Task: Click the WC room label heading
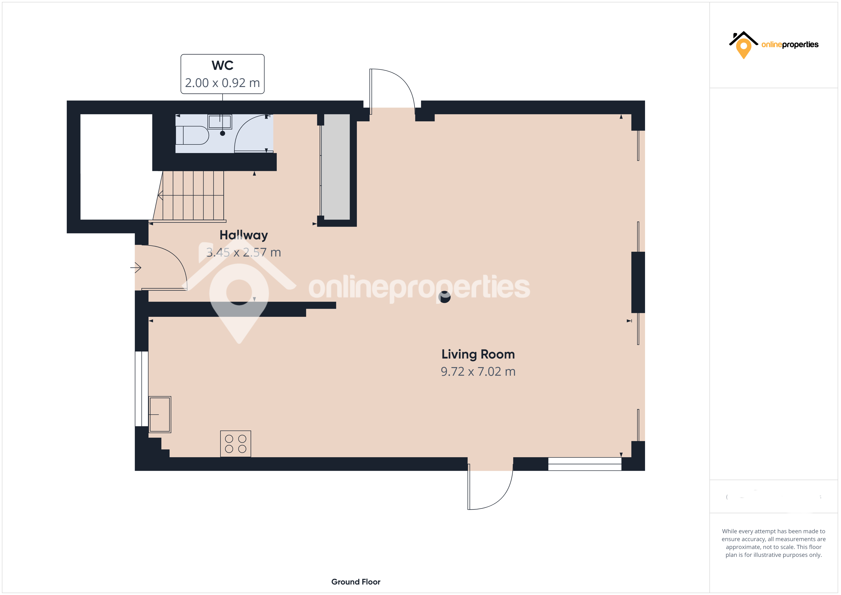pyautogui.click(x=222, y=66)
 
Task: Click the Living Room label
pyautogui.click(x=478, y=354)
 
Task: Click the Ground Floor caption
pyautogui.click(x=356, y=582)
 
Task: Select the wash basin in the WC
pyautogui.click(x=220, y=122)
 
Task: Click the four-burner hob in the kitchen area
pyautogui.click(x=236, y=444)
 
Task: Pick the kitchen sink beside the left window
pyautogui.click(x=160, y=414)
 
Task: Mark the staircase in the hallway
pyautogui.click(x=192, y=196)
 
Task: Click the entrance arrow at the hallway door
pyautogui.click(x=136, y=268)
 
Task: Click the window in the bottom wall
pyautogui.click(x=585, y=464)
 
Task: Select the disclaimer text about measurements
pyautogui.click(x=773, y=543)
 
